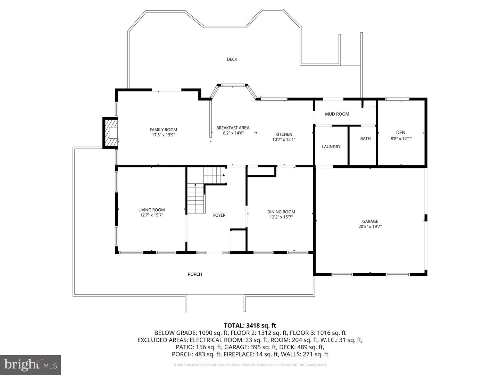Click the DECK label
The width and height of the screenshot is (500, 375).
[232, 59]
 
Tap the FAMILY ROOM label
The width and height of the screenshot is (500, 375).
[163, 130]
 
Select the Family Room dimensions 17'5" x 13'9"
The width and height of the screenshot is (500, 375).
[163, 135]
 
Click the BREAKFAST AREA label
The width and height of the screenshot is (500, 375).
[233, 128]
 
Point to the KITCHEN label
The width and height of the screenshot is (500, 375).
[284, 134]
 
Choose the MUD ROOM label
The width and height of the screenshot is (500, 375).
[337, 114]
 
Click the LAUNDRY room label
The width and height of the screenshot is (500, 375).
[331, 147]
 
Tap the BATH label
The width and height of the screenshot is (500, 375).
[365, 139]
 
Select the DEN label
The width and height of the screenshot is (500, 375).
[401, 132]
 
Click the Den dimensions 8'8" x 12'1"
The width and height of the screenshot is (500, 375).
[401, 139]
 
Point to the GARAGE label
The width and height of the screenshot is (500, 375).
[370, 221]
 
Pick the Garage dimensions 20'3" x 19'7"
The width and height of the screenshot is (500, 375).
[370, 227]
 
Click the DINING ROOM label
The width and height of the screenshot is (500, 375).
[281, 212]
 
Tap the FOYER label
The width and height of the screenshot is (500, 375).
[219, 215]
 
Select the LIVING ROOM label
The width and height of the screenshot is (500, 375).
[151, 210]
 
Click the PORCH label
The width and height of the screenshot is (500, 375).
[195, 274]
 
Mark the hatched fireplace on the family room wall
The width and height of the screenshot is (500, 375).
[111, 133]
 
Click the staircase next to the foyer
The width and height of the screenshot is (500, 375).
[196, 198]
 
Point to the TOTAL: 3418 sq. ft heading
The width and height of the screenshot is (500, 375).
[250, 325]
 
